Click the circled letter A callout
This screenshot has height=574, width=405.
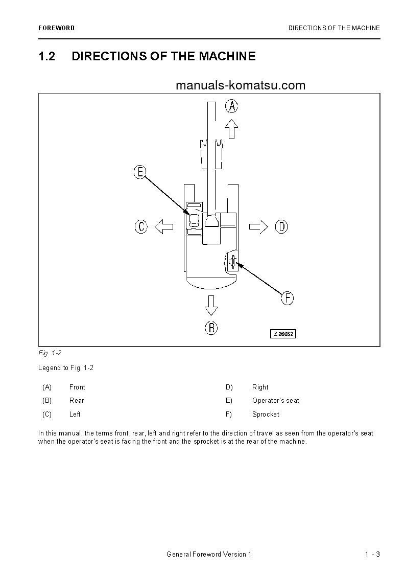231,106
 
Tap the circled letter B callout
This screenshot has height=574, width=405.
211,328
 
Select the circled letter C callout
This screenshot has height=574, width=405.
141,226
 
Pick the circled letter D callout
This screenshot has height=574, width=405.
281,226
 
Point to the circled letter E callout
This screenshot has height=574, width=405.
140,172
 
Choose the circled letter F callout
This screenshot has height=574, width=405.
288,298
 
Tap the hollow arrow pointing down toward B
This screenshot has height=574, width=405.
211,305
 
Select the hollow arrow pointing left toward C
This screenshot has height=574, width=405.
164,226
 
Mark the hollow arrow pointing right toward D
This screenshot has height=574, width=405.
258,226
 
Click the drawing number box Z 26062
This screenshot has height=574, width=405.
283,334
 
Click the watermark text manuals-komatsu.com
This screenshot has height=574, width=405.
240,85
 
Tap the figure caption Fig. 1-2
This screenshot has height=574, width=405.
50,353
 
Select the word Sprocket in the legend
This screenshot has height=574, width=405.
266,414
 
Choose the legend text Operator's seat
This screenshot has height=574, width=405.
276,400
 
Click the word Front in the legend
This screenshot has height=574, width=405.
77,387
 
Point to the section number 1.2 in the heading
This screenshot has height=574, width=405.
47,56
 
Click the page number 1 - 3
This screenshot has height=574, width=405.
372,555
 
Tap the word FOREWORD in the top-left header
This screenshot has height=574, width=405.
56,28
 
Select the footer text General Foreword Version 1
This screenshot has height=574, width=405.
209,555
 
